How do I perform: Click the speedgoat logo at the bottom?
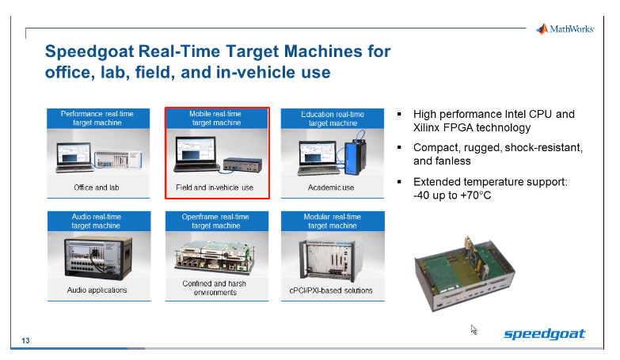(545, 334)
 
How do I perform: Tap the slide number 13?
(26, 341)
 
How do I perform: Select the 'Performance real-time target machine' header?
(97, 119)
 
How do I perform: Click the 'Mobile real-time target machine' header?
(216, 119)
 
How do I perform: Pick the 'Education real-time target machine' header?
(333, 119)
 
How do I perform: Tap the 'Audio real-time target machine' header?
(97, 221)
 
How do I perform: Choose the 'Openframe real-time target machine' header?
(216, 221)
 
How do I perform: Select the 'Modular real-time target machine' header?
(333, 221)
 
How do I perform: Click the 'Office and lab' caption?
(97, 188)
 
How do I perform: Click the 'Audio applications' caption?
(97, 290)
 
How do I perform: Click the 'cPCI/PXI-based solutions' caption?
(332, 290)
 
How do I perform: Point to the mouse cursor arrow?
(474, 329)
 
